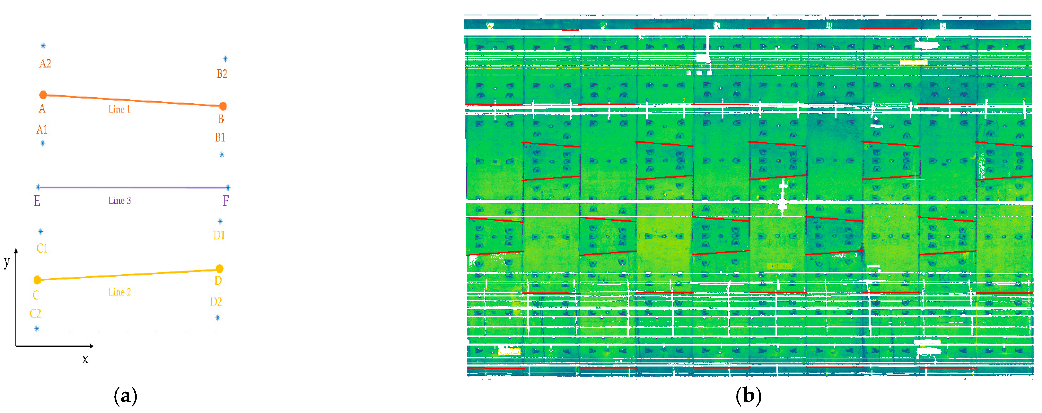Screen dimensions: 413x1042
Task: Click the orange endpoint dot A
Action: point(43,95)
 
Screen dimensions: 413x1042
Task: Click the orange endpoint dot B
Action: point(222,106)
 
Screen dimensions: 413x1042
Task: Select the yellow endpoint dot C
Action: point(37,280)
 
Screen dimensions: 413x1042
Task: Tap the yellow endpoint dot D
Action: point(219,269)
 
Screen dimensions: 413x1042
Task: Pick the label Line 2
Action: point(120,292)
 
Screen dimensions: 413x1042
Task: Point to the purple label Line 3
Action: point(120,200)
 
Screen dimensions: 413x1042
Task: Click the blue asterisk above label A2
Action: point(43,46)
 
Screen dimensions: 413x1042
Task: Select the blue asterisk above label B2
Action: point(225,59)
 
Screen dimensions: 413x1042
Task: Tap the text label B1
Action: point(220,138)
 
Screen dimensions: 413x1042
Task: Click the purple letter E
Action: point(37,201)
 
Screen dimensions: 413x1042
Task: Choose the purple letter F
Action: point(226,200)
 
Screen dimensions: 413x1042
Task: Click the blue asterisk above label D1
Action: point(220,221)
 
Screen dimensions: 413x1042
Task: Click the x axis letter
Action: point(85,359)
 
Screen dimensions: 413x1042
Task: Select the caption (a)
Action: point(125,396)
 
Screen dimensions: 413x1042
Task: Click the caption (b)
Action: point(748,396)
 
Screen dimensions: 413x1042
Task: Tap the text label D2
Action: point(216,302)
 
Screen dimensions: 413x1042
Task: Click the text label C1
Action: point(42,248)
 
